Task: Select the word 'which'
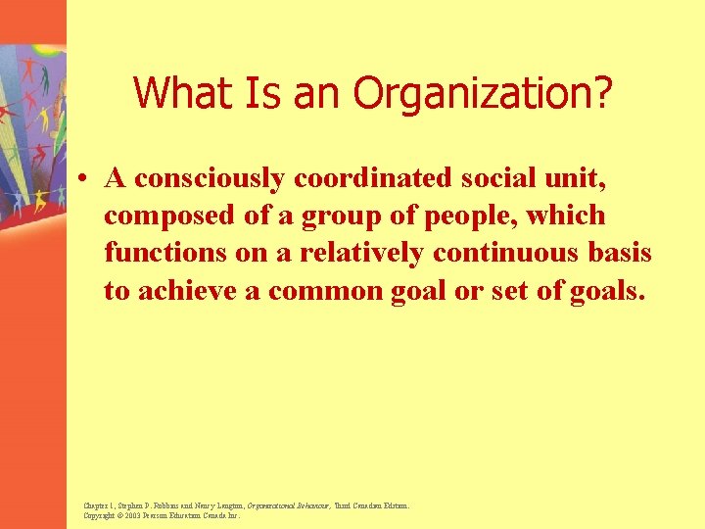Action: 567,216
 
